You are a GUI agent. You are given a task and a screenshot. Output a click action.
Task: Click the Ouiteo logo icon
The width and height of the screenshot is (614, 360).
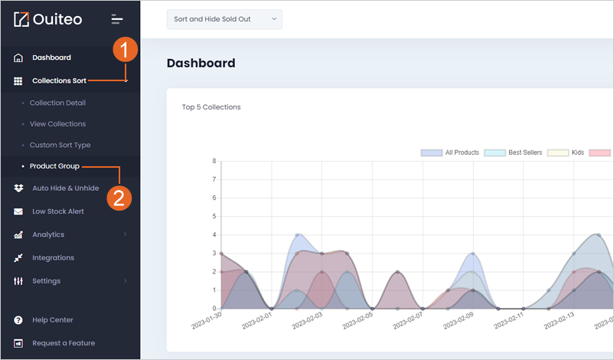(x=21, y=19)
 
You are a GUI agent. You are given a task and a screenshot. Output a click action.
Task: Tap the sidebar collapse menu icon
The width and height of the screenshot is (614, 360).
(x=116, y=19)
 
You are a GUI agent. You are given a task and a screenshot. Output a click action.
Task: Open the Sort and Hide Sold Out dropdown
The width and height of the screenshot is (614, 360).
(x=224, y=19)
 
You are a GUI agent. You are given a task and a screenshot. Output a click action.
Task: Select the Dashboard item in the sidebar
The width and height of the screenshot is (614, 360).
(x=52, y=57)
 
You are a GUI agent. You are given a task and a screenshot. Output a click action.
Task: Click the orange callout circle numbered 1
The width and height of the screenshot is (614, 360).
(x=126, y=50)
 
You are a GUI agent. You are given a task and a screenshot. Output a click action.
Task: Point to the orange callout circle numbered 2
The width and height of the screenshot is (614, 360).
(x=119, y=198)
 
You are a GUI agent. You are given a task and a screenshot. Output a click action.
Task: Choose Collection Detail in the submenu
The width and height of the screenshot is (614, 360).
(x=57, y=103)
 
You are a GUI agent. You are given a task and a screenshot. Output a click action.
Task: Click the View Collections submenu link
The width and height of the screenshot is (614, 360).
(x=57, y=124)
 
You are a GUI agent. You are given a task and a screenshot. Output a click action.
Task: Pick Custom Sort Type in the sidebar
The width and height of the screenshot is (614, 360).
(x=60, y=145)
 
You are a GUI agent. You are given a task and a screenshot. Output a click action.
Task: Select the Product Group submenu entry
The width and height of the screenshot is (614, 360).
(x=54, y=166)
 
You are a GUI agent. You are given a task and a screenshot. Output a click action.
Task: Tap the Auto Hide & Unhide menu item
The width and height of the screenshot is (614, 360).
(x=65, y=188)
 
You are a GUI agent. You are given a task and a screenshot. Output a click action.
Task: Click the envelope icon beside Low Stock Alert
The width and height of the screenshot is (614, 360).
(x=18, y=211)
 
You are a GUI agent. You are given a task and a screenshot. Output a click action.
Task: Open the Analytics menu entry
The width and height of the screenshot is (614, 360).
(x=48, y=234)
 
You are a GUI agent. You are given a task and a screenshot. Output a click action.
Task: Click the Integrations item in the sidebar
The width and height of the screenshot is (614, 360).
(x=54, y=258)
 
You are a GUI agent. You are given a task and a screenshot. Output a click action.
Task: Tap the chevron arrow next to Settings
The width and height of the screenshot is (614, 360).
(x=126, y=280)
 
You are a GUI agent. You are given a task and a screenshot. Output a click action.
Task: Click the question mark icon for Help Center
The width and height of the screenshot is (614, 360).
(x=18, y=320)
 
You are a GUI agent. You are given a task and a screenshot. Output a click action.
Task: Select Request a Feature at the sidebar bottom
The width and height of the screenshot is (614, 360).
(x=64, y=343)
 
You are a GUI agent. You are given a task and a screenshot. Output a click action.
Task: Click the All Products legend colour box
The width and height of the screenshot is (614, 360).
(x=432, y=152)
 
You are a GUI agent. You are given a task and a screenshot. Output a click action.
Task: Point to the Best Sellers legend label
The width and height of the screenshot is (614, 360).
(x=525, y=152)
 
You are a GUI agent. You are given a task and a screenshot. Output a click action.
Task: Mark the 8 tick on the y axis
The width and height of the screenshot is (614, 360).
(x=214, y=161)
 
